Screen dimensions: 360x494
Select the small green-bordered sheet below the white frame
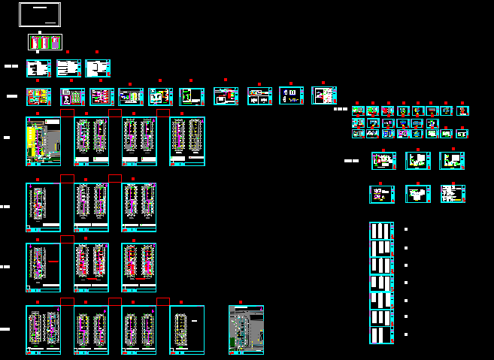(43, 43)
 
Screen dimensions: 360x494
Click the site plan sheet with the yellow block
(43, 141)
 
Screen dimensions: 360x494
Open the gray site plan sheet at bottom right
(246, 329)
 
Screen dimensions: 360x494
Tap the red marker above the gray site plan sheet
(240, 302)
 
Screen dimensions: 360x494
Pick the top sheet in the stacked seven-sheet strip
(382, 231)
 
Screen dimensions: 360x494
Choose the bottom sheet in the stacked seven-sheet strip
(382, 335)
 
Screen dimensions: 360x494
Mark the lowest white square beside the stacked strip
(406, 334)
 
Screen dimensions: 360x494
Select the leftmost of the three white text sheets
(38, 68)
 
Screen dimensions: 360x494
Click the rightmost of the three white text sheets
(98, 68)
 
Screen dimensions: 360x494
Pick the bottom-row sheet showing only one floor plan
(187, 329)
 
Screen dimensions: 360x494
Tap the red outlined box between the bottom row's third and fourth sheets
(163, 301)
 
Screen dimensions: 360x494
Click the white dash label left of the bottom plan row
(5, 329)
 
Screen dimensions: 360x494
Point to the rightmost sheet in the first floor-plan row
(187, 141)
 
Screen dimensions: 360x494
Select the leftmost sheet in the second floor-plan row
(43, 207)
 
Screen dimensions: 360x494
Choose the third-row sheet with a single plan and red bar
(43, 267)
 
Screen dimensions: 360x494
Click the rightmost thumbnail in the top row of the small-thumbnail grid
(462, 110)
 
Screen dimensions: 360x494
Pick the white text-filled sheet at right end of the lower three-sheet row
(453, 194)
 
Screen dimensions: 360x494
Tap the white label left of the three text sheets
(11, 66)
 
